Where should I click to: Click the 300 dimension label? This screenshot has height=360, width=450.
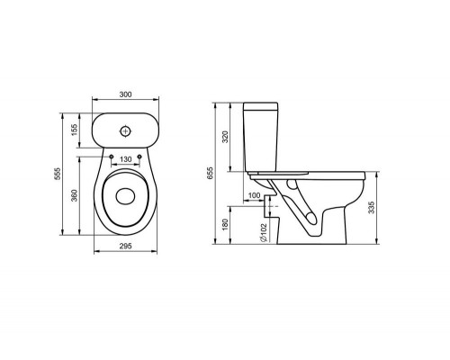[125, 94]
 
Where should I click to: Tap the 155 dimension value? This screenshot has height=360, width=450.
[74, 130]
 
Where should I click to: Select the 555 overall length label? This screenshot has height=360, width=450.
[57, 174]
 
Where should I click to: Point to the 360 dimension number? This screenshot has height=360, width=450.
[74, 195]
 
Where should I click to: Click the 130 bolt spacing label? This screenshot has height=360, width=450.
[126, 159]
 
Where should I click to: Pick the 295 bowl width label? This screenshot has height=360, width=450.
[126, 246]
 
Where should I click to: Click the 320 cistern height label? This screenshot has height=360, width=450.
[225, 137]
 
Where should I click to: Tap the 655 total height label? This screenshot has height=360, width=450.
[210, 173]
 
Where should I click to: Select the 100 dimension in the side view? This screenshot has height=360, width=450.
[255, 195]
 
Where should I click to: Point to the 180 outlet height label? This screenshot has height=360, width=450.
[225, 225]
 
